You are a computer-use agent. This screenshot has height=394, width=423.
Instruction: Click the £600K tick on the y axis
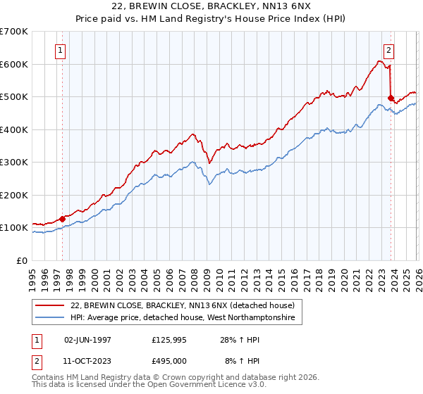click(x=14, y=64)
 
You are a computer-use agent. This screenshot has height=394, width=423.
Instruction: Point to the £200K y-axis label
click(x=14, y=195)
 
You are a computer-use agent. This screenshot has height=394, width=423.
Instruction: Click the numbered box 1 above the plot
click(x=61, y=50)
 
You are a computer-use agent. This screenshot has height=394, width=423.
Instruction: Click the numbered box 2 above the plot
click(x=388, y=50)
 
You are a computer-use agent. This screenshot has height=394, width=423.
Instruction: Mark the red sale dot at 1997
click(x=63, y=219)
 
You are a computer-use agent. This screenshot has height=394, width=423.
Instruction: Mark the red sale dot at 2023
click(x=391, y=99)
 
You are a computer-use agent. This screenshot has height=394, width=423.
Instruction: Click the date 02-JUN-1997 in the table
click(x=87, y=339)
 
